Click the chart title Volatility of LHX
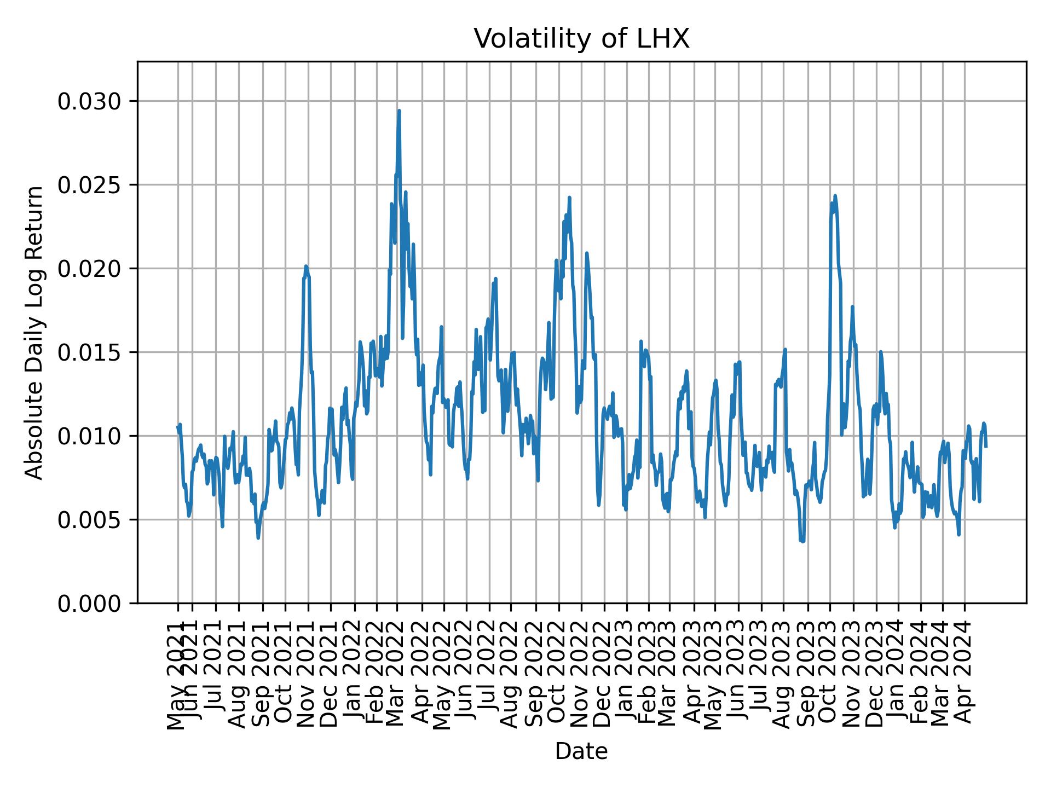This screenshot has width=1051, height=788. click(581, 39)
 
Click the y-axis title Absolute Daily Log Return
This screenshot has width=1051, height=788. click(35, 332)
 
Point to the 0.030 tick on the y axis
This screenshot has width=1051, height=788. click(90, 101)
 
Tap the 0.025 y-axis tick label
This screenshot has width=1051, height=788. click(90, 185)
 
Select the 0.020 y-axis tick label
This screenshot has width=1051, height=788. click(90, 269)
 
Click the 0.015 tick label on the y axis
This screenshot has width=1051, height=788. click(90, 352)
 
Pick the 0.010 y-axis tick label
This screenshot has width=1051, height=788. click(90, 436)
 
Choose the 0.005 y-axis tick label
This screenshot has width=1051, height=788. click(90, 520)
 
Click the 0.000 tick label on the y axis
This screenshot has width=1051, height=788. click(90, 603)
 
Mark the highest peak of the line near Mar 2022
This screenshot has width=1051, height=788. click(399, 111)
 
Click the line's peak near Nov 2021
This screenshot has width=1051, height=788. click(306, 266)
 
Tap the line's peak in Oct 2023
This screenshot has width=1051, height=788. click(835, 195)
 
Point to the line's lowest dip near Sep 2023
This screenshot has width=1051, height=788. click(803, 542)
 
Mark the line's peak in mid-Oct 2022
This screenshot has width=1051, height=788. click(569, 198)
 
